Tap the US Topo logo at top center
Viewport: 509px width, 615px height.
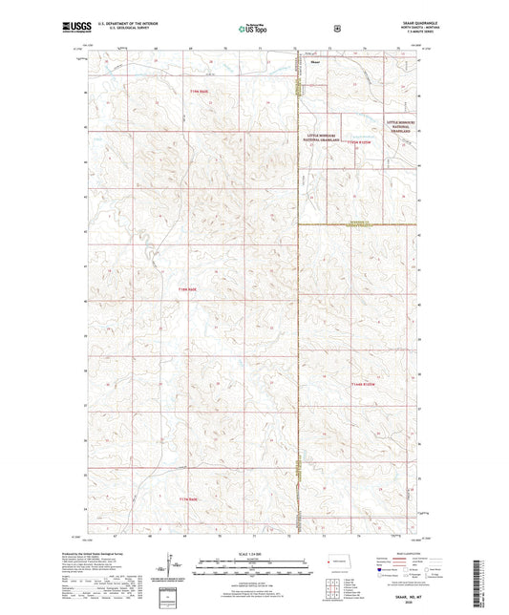pyautogui.click(x=253, y=29)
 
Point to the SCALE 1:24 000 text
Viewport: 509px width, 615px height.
pyautogui.click(x=251, y=554)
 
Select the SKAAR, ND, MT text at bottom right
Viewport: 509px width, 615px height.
pyautogui.click(x=412, y=597)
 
